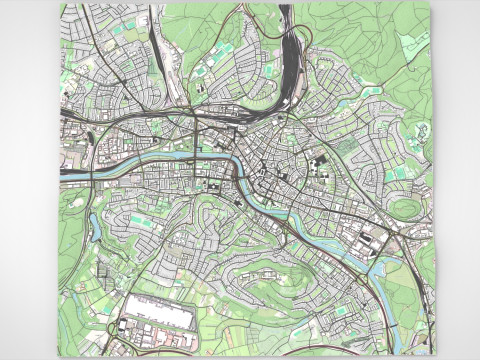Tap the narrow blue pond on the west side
[94, 222]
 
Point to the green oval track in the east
[404, 208]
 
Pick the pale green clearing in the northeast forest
[411, 45]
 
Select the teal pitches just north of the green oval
[399, 175]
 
